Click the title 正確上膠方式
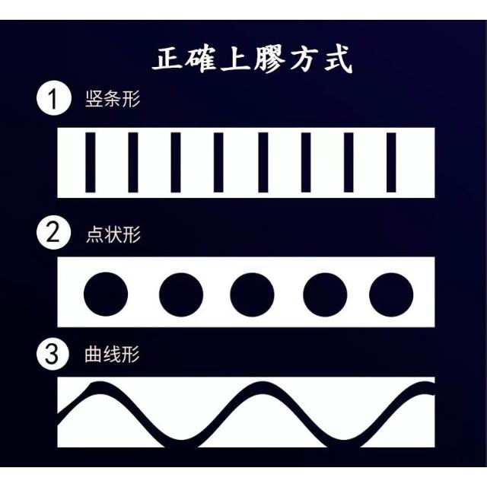(x=253, y=59)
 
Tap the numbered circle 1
(x=54, y=98)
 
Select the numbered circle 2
(x=53, y=232)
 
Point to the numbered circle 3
(x=53, y=354)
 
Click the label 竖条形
(x=113, y=99)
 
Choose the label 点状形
(x=113, y=234)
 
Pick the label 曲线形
(x=112, y=354)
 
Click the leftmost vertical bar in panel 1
(x=91, y=162)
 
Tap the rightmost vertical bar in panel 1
(x=391, y=162)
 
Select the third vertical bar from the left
(x=176, y=162)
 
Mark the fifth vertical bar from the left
(x=263, y=162)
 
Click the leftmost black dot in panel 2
(x=106, y=294)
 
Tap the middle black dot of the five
(x=252, y=294)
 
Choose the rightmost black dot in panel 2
(x=391, y=294)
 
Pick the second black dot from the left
(x=181, y=294)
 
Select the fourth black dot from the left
(x=325, y=294)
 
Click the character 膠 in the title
(x=269, y=59)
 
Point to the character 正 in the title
(x=167, y=59)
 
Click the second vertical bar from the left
(x=133, y=162)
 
